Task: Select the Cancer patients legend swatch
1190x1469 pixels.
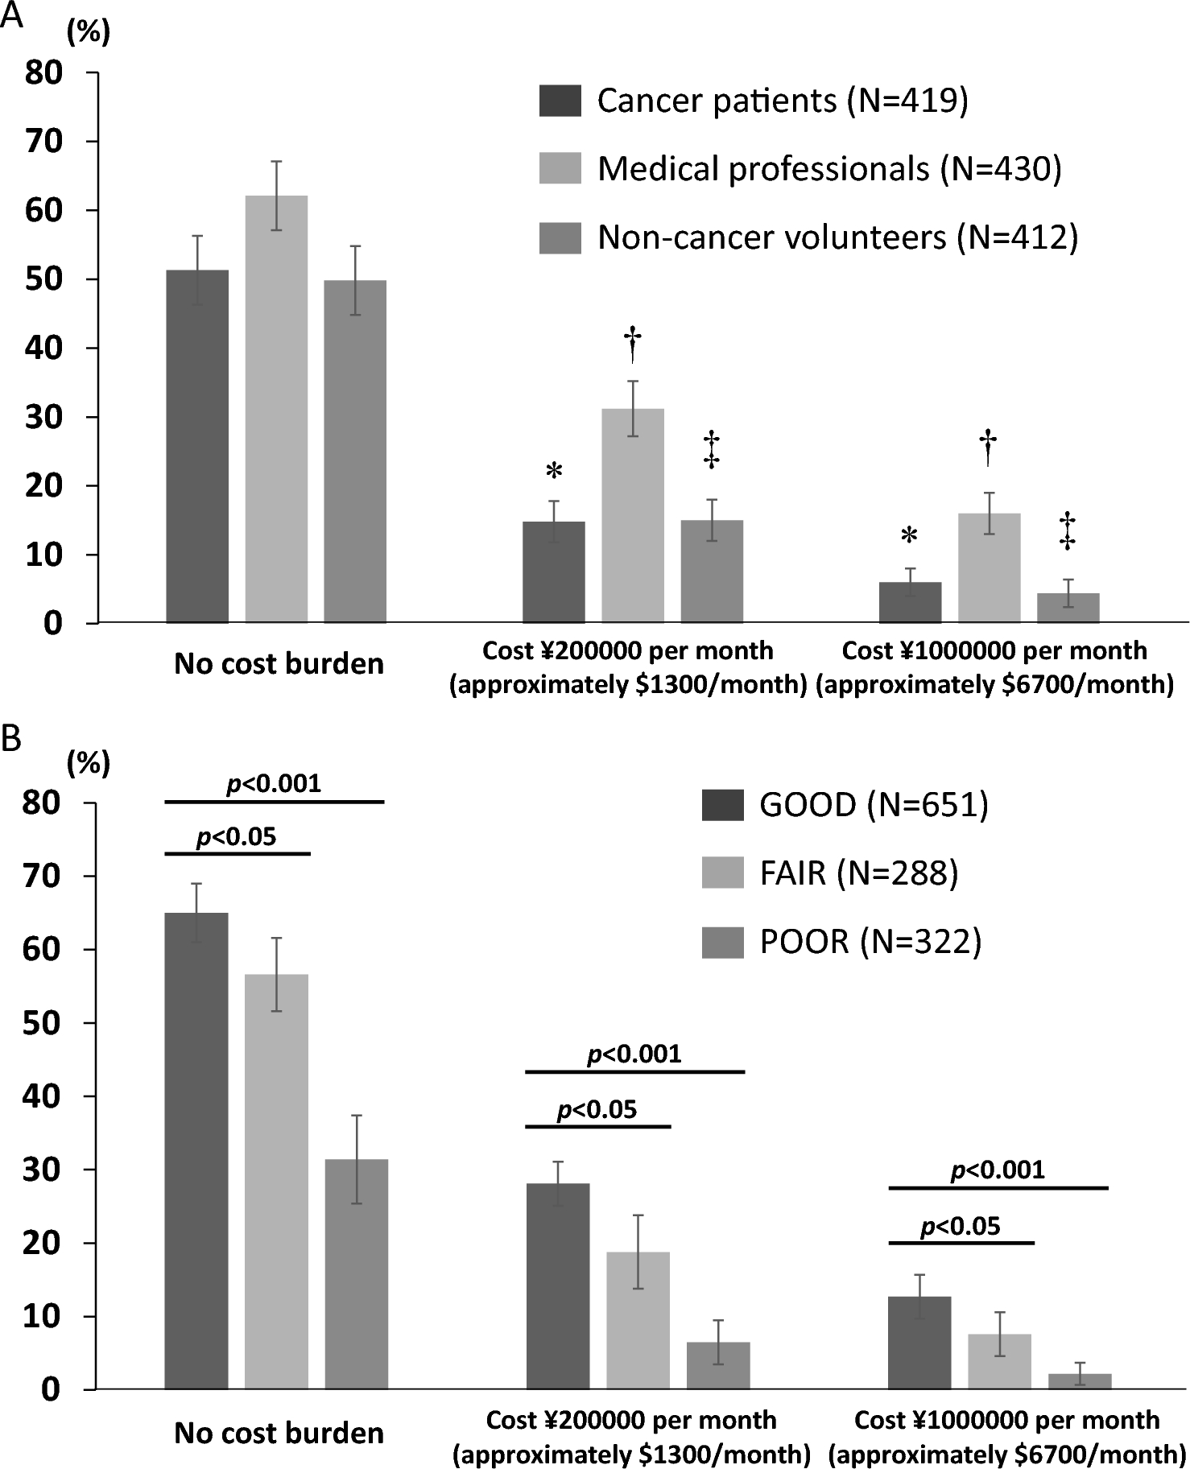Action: coord(560,101)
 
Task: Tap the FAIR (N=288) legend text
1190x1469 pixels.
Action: coord(859,873)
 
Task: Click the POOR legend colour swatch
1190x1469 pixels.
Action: coord(722,943)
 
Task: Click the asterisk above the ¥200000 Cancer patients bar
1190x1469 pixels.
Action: coord(554,472)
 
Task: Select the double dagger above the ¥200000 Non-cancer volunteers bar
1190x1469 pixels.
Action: coord(712,449)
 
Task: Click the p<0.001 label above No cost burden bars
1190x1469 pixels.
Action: coord(274,783)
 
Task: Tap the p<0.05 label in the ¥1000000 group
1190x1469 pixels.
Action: coord(960,1227)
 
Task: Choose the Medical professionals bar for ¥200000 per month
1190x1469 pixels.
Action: coord(633,515)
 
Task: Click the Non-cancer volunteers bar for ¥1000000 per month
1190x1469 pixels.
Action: coord(1068,608)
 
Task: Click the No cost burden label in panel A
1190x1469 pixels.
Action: coord(279,665)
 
